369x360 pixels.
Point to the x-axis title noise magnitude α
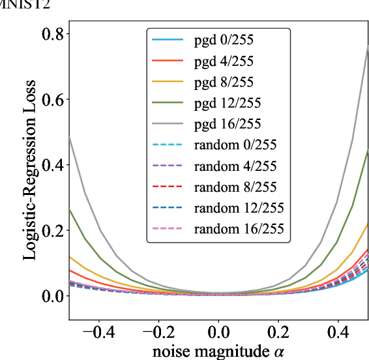(219, 352)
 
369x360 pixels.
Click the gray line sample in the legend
(165, 124)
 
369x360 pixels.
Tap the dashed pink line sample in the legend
(165, 228)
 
